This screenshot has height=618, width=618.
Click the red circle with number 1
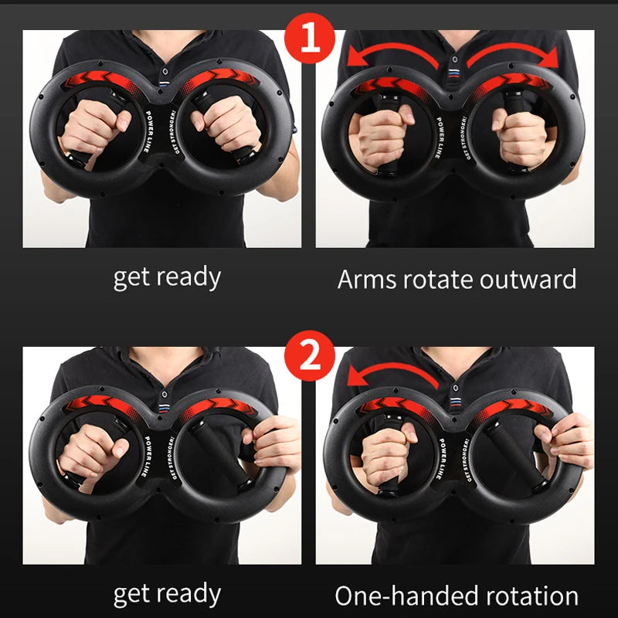coord(310,39)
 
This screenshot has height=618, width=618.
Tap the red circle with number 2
coord(310,357)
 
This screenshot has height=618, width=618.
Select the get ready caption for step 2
coord(167,594)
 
